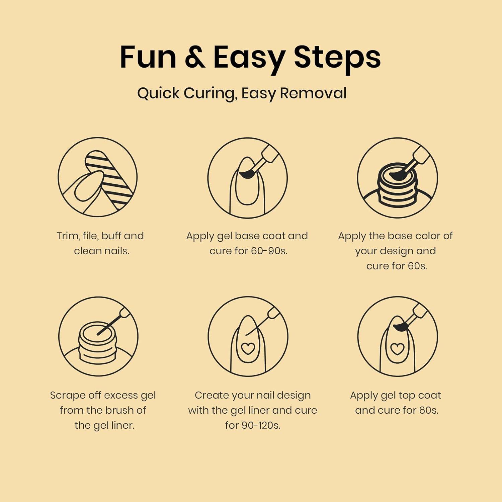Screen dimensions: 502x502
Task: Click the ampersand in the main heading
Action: click(x=195, y=57)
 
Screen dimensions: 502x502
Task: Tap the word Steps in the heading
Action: click(x=337, y=58)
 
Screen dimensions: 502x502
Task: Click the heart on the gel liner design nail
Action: click(x=248, y=348)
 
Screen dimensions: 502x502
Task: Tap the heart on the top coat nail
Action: click(x=397, y=349)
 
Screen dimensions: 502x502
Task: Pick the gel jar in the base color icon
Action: click(x=397, y=186)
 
